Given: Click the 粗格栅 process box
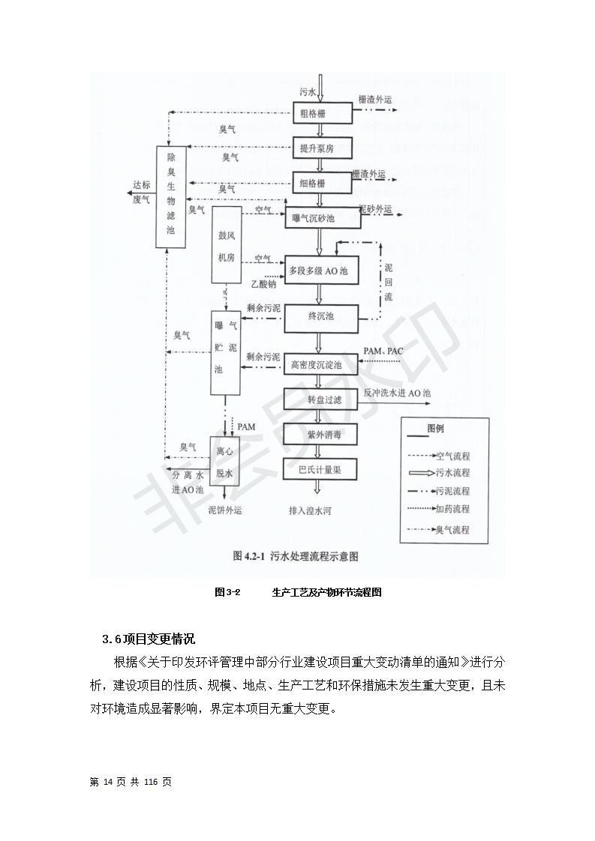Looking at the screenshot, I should (x=321, y=114).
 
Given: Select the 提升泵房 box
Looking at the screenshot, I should (x=321, y=148).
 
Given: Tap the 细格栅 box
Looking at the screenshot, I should (x=321, y=182).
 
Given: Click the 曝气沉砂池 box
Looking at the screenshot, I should (x=321, y=219).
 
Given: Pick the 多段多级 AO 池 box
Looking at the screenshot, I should (x=321, y=270).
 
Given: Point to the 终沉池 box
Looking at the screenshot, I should (x=321, y=316).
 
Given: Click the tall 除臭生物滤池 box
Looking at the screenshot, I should (x=171, y=196).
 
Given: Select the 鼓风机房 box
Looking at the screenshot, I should (x=227, y=246).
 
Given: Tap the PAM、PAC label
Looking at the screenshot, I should (x=383, y=351).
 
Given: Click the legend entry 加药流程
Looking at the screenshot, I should (x=452, y=509).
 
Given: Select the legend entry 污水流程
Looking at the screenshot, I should (x=452, y=473).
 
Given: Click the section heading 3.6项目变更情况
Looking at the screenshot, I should (x=149, y=639).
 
